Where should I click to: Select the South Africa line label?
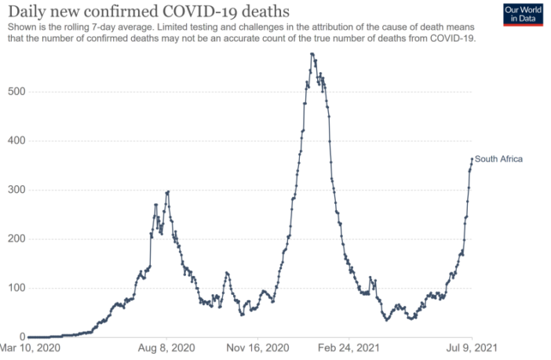point(498,159)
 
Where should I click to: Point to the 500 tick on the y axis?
point(16,92)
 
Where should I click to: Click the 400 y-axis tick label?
point(16,141)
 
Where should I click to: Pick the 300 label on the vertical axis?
point(16,190)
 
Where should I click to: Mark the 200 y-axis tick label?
point(16,239)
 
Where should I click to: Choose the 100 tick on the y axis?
point(16,288)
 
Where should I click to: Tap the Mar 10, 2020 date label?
point(30,347)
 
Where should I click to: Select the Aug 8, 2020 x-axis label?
point(166,347)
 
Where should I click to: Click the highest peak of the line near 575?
point(312,54)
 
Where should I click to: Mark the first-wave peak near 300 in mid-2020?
point(167,191)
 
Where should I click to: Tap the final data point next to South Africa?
point(472,159)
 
